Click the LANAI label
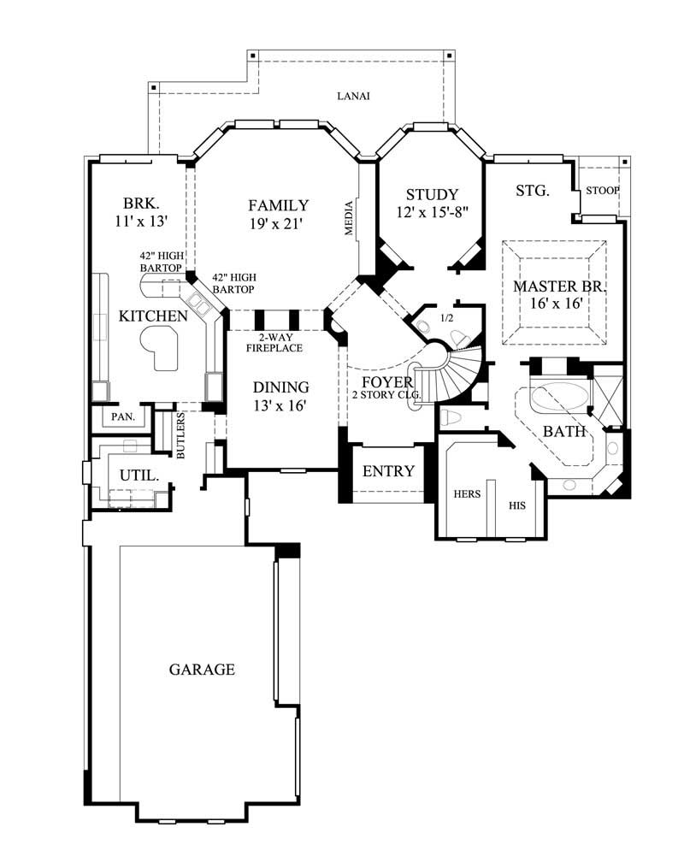(352, 96)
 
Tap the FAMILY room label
(278, 205)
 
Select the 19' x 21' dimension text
(278, 224)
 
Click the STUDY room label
(432, 194)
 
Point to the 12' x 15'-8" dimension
(432, 212)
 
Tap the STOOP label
(602, 190)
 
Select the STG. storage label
(532, 191)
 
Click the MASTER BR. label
(559, 286)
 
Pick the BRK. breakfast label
(139, 204)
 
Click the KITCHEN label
(152, 316)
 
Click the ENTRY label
(388, 471)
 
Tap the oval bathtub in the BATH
(560, 399)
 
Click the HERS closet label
(467, 493)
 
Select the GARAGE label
(201, 670)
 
